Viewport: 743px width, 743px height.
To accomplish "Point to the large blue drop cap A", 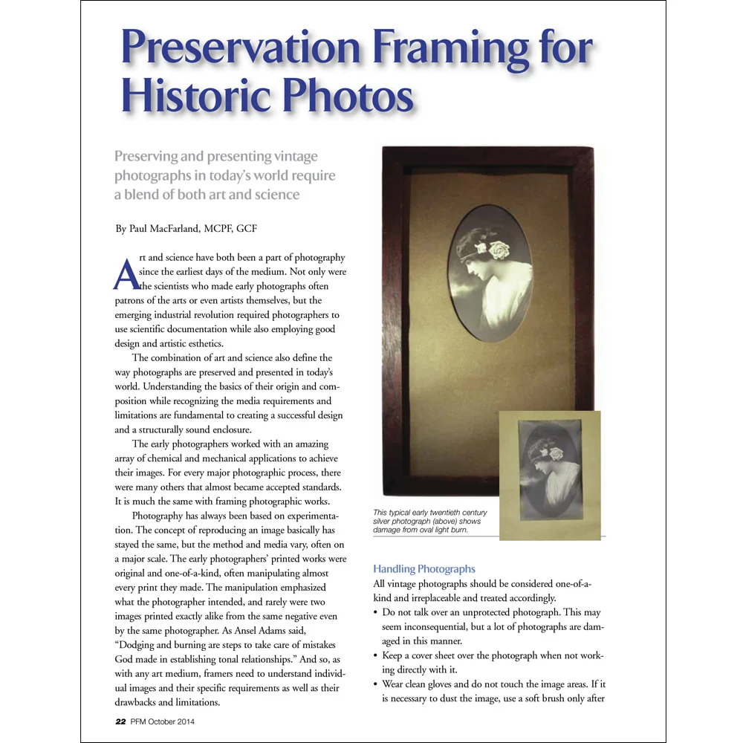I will [x=126, y=273].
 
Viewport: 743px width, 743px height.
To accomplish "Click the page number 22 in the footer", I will [x=120, y=721].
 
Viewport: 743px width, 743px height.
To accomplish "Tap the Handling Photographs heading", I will [x=424, y=569].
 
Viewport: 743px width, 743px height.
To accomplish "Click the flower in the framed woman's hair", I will [x=499, y=250].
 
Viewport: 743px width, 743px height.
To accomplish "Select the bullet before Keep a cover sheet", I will [x=376, y=656].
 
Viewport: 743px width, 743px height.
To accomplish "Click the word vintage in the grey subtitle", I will [x=294, y=156].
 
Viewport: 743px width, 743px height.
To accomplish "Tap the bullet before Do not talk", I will [x=376, y=613].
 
